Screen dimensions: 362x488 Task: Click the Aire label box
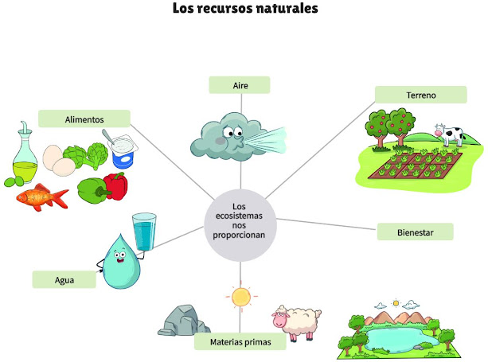[x=240, y=85]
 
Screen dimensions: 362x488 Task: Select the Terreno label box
[x=421, y=95]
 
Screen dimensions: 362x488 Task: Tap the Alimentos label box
[x=84, y=119]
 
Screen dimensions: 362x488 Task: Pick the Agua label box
[x=64, y=279]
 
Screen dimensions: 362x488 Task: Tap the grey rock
[x=184, y=319]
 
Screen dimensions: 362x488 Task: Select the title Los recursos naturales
[x=244, y=10]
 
